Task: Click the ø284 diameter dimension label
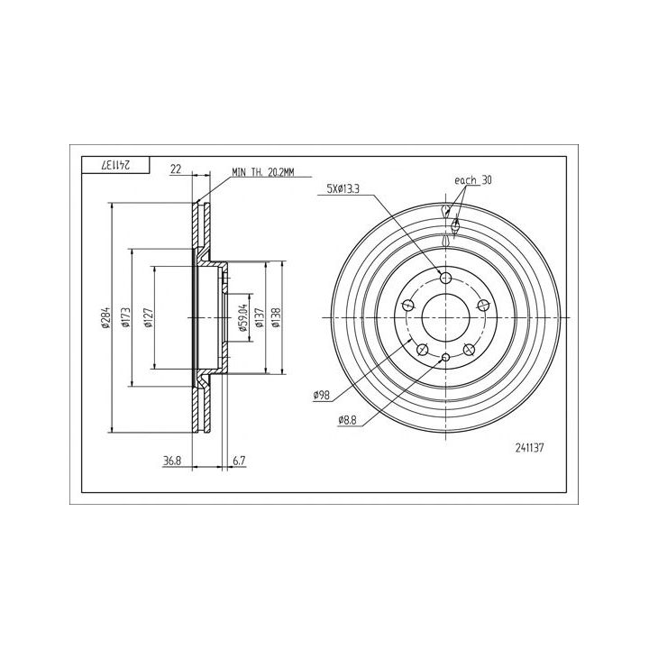click(105, 318)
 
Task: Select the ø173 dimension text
click(126, 318)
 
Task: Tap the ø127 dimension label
click(149, 318)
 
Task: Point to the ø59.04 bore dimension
click(243, 318)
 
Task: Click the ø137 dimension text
click(260, 318)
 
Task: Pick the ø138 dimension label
click(276, 318)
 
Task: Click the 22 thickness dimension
click(176, 169)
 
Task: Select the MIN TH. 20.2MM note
click(263, 172)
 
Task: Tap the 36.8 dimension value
click(172, 461)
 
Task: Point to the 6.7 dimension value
click(239, 461)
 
